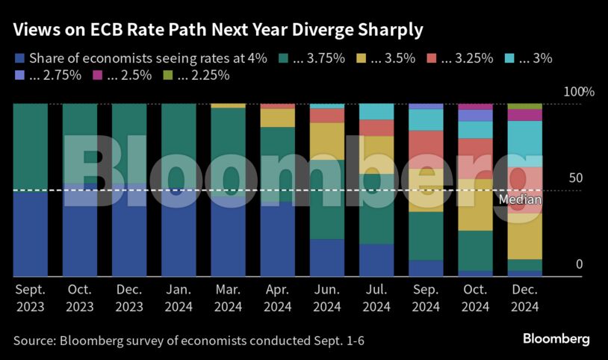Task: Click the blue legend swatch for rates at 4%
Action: point(19,57)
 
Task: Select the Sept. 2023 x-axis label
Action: point(30,297)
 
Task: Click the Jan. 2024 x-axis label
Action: point(179,297)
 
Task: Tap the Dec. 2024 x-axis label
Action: point(524,297)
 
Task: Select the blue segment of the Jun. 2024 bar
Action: point(327,258)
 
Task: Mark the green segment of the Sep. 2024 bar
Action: point(426,235)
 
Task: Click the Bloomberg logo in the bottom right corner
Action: point(556,339)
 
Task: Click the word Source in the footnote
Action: point(33,341)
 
